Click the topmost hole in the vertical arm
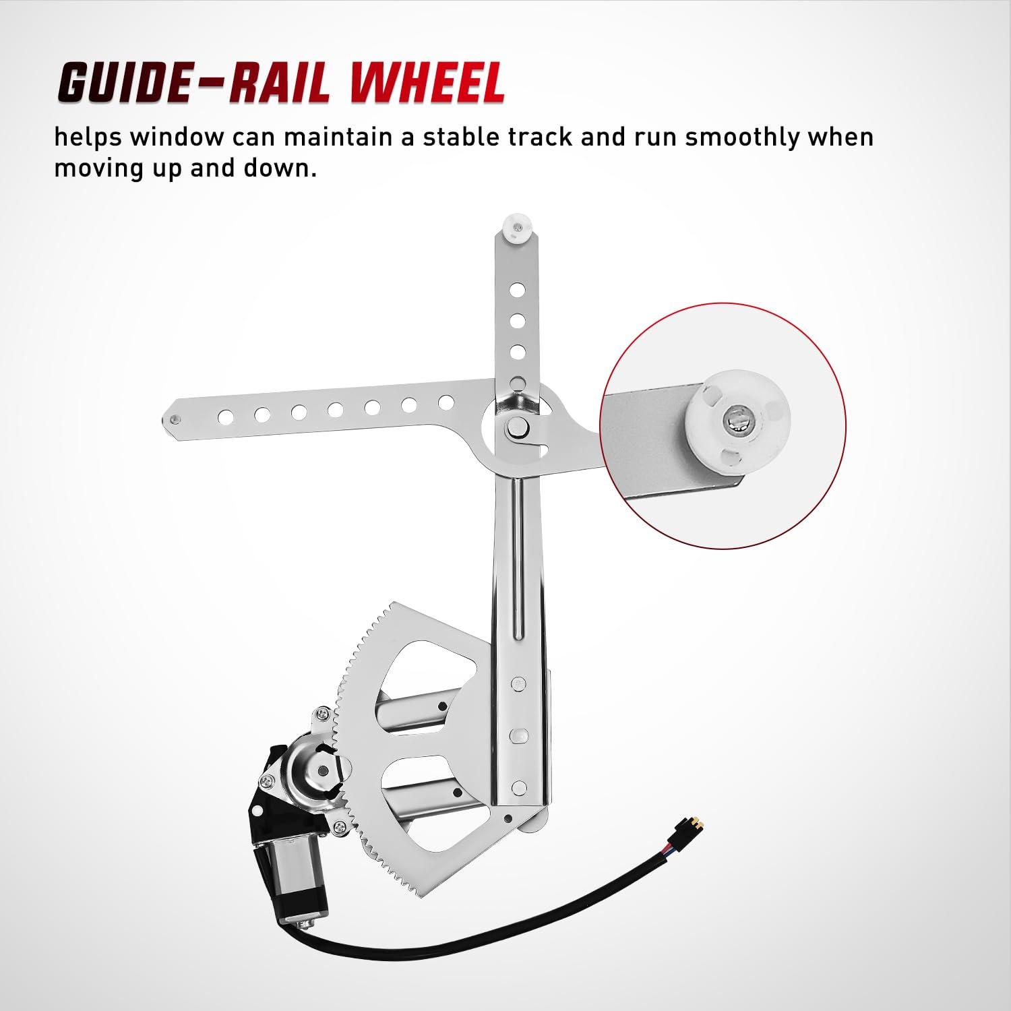coord(518,290)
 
